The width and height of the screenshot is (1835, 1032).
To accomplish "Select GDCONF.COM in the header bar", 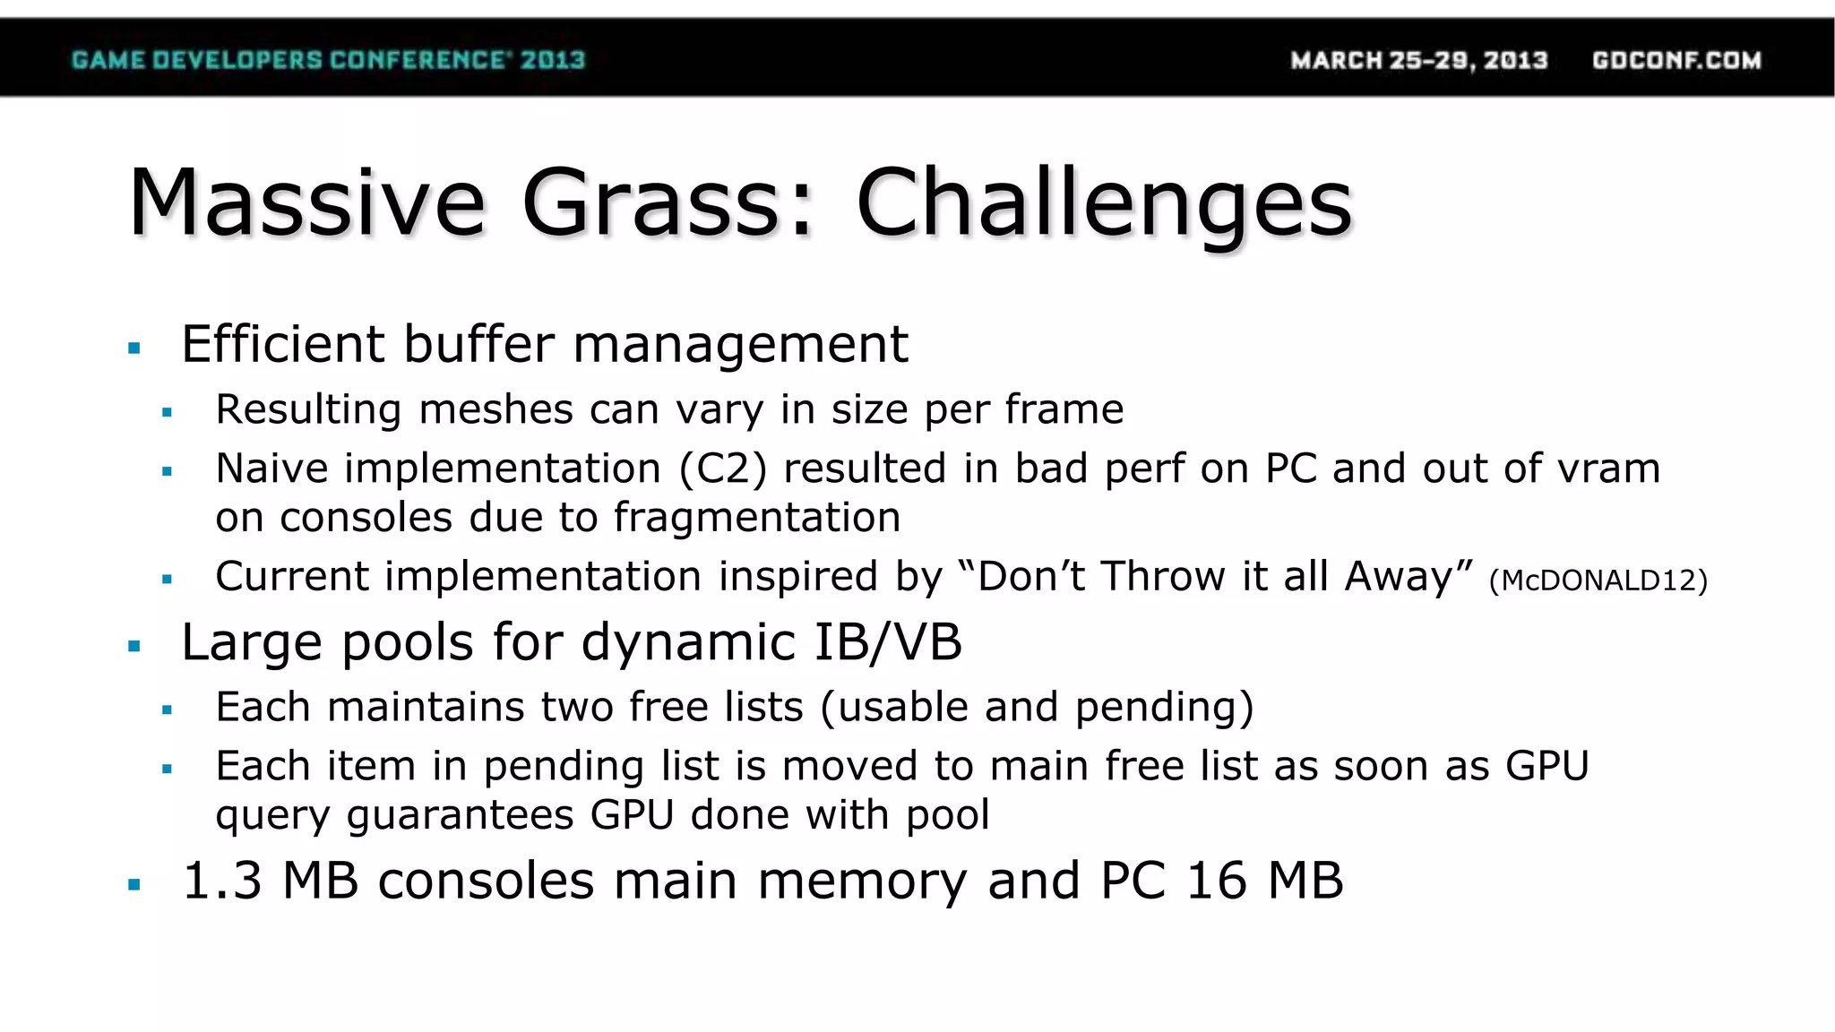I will point(1676,60).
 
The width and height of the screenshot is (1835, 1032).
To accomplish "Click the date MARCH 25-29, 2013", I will point(1418,60).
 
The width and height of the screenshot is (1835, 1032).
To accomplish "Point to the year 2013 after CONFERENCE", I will point(553,60).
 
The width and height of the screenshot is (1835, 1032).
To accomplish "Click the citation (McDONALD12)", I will point(1598,580).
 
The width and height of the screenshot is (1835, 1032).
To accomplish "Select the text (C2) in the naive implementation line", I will point(723,469).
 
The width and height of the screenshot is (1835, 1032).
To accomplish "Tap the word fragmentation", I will point(756,518).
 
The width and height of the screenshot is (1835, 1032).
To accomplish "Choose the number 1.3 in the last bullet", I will point(221,881).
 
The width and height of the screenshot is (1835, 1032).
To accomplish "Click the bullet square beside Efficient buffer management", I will point(134,348).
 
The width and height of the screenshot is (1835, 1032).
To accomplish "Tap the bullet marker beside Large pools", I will point(134,646).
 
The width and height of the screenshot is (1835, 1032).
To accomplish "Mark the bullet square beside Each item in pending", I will point(167,769).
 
